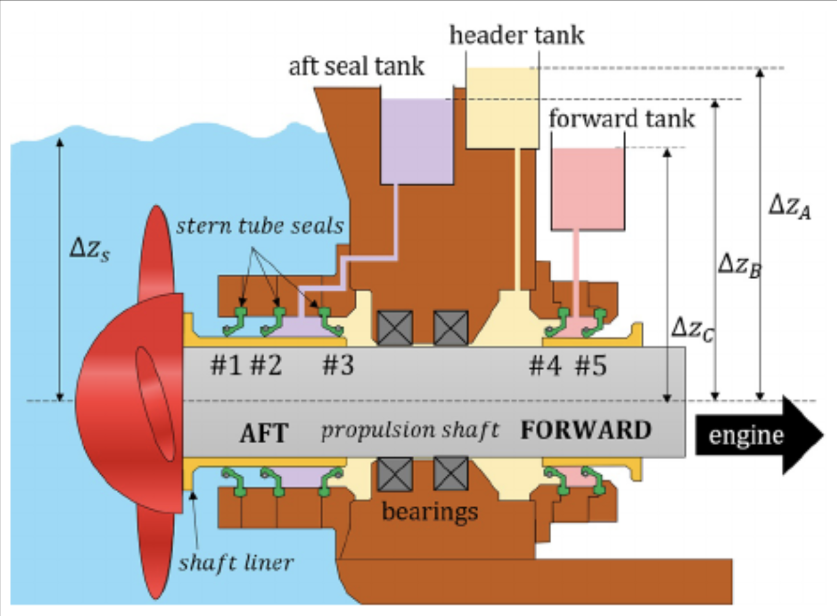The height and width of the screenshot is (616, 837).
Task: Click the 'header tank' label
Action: click(516, 36)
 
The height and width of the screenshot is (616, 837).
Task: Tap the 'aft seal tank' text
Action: click(356, 66)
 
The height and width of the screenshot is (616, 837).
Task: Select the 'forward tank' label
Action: click(621, 119)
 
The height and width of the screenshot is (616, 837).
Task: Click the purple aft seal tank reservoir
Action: click(417, 141)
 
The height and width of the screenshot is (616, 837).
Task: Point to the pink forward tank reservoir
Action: click(587, 188)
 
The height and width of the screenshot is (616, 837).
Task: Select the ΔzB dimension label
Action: click(739, 265)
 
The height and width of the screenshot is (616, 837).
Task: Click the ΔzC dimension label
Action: click(693, 328)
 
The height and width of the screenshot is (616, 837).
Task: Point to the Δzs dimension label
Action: click(90, 248)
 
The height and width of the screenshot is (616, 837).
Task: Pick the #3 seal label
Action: click(338, 366)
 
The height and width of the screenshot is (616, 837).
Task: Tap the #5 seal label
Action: click(591, 366)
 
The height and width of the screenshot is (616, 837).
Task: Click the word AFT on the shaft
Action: click(264, 433)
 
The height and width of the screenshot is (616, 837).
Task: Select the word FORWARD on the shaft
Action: click(586, 430)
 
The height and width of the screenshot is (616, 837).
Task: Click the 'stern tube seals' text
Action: click(259, 226)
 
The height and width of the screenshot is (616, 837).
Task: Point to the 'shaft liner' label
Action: click(236, 563)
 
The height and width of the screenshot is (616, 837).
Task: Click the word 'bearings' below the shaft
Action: click(430, 511)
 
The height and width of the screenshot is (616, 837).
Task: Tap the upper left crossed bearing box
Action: click(395, 328)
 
